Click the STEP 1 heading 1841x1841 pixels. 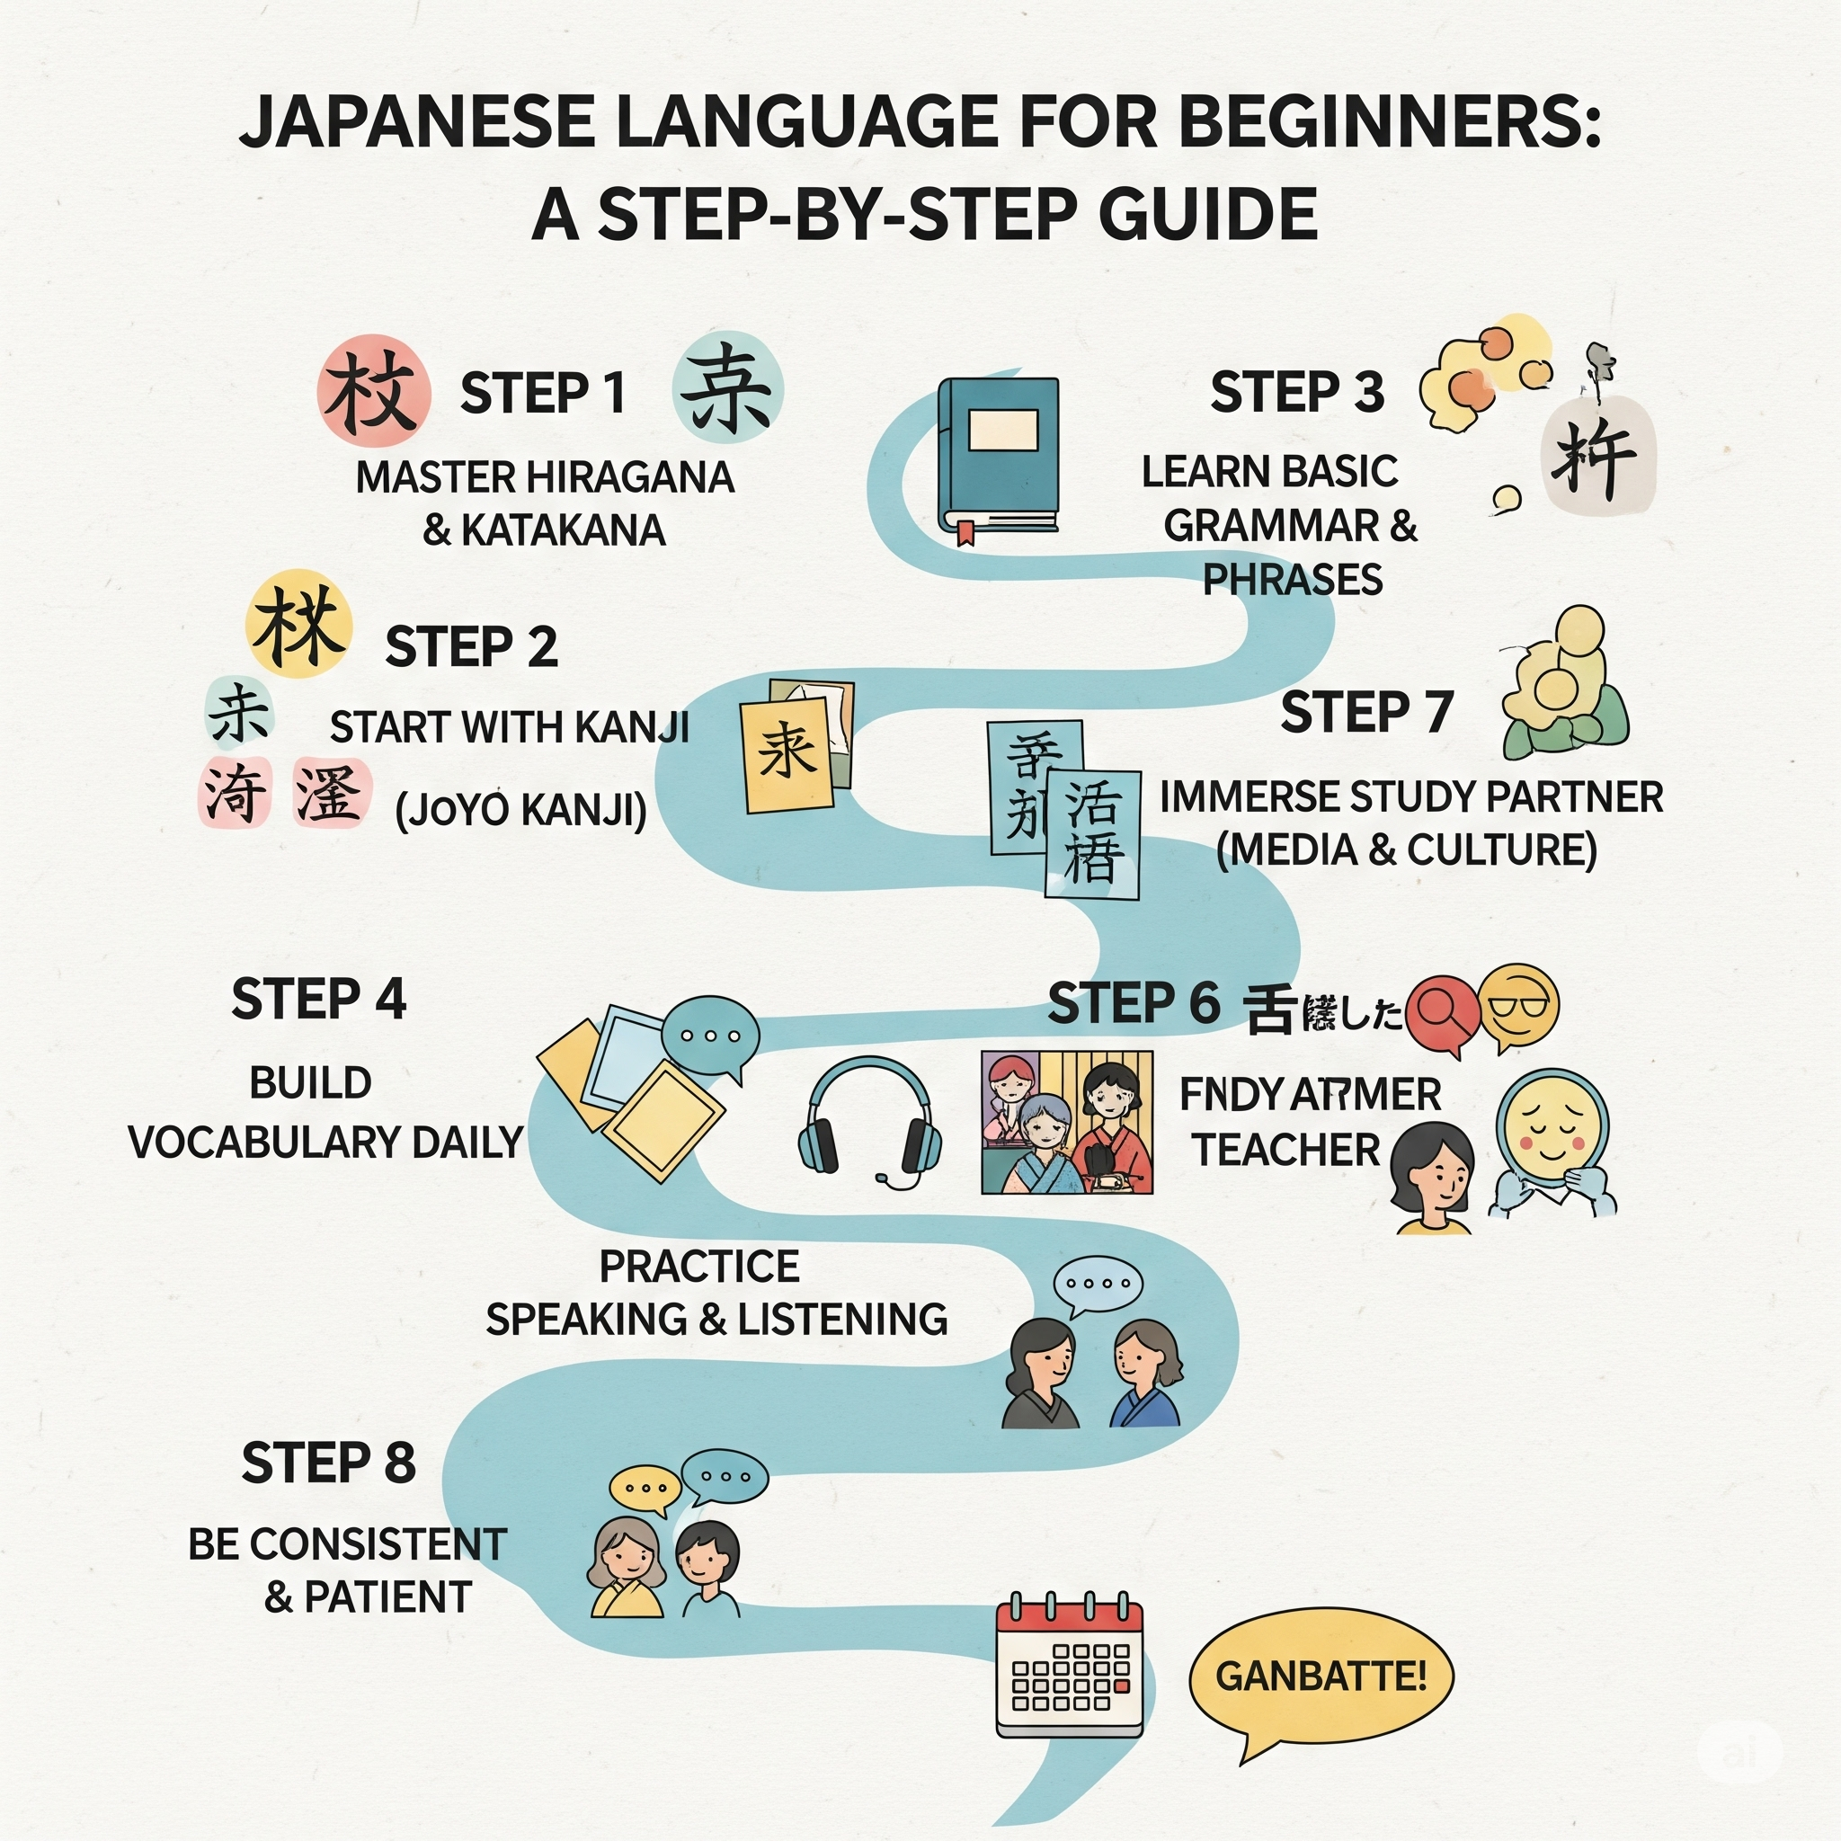pyautogui.click(x=542, y=393)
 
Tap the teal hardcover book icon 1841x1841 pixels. pyautogui.click(x=999, y=456)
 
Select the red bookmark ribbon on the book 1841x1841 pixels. pyautogui.click(x=966, y=533)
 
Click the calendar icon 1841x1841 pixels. pyautogui.click(x=1068, y=1667)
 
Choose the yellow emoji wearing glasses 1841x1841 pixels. pyautogui.click(x=1518, y=1006)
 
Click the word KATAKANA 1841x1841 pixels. pyautogui.click(x=562, y=530)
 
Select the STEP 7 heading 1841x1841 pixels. pyautogui.click(x=1366, y=712)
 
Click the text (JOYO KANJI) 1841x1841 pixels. pyautogui.click(x=521, y=810)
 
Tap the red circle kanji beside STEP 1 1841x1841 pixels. pyautogui.click(x=374, y=392)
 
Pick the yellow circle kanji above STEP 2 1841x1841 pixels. pyautogui.click(x=298, y=624)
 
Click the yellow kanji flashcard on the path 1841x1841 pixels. pyautogui.click(x=787, y=753)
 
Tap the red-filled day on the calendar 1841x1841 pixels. pyautogui.click(x=1121, y=1685)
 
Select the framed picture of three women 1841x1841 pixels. pyautogui.click(x=1066, y=1122)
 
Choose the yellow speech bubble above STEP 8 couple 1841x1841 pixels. pyautogui.click(x=645, y=1489)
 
